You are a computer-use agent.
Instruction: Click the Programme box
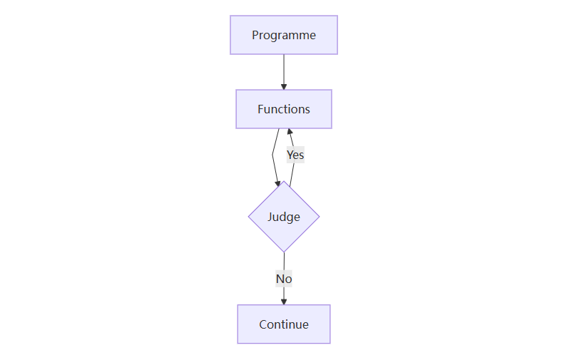283,35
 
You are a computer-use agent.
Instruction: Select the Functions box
283,109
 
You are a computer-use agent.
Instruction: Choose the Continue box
283,324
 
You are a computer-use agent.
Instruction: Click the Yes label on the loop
295,155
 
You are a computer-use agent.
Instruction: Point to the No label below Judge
284,279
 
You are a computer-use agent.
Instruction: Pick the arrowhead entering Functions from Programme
284,86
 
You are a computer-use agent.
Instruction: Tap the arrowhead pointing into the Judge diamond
278,184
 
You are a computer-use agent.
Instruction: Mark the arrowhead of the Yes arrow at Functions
290,132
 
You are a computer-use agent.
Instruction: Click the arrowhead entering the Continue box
284,302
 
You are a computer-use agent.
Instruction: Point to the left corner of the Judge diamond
249,217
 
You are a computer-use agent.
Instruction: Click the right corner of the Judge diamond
319,217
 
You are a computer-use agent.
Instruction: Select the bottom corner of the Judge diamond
284,252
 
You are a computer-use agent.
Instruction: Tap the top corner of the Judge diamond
284,182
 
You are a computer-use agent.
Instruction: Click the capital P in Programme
255,35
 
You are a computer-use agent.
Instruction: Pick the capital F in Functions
261,109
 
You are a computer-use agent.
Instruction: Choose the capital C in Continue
263,324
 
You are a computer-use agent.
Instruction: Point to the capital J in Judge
270,217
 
